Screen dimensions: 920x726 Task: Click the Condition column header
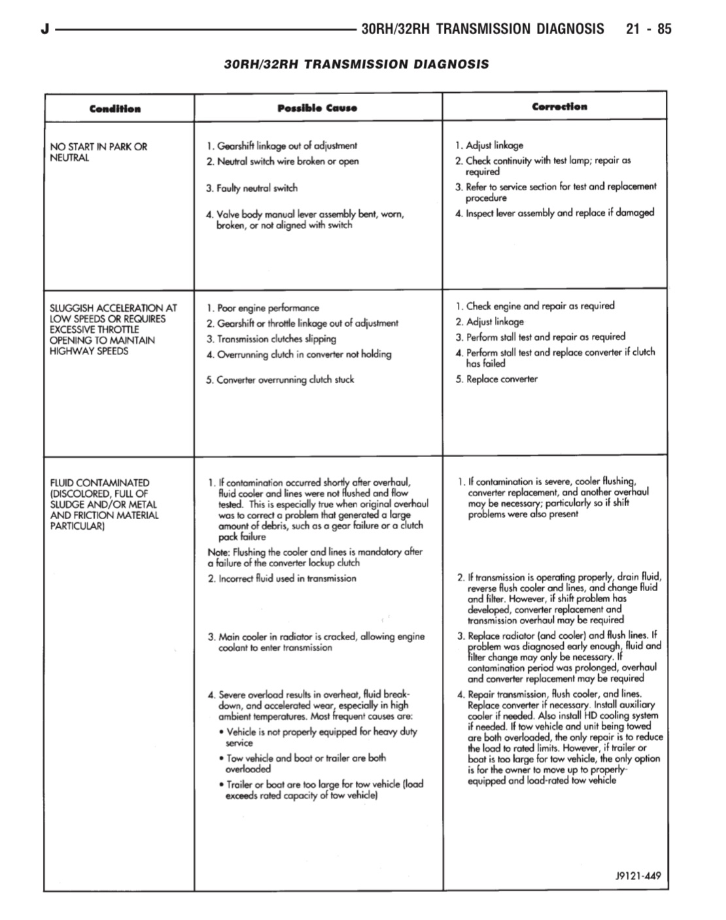click(115, 109)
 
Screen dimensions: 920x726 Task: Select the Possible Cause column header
click(317, 108)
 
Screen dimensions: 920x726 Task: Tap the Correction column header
click(559, 107)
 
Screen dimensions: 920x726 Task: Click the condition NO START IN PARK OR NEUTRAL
click(99, 152)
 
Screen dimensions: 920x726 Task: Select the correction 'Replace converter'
click(501, 379)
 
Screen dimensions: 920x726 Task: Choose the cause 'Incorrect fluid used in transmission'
click(286, 579)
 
